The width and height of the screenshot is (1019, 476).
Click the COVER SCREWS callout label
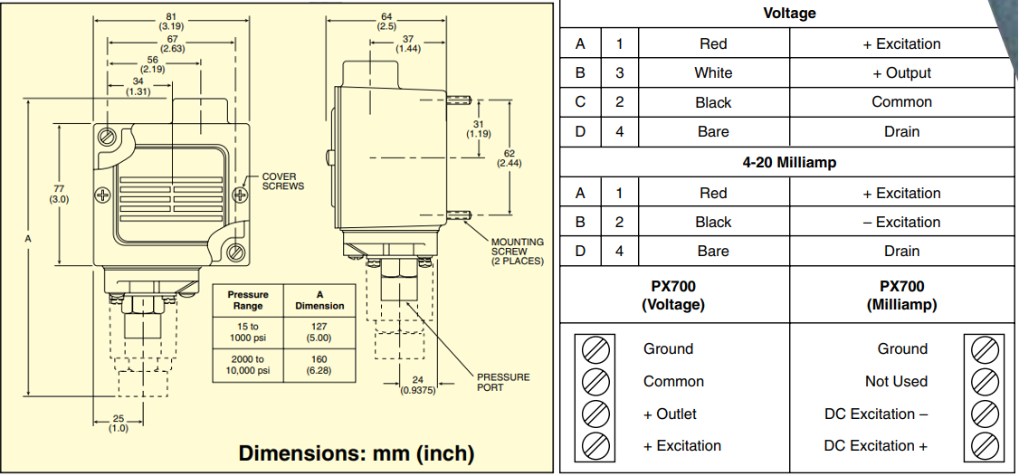282,181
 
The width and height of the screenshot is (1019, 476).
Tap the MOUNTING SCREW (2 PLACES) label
517,252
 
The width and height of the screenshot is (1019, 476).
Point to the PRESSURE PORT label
503,382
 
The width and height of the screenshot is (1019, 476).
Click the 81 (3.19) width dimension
171,21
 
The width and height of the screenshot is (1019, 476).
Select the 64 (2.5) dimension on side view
386,21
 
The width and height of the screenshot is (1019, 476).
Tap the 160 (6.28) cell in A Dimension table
319,365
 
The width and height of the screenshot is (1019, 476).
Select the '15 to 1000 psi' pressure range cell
248,331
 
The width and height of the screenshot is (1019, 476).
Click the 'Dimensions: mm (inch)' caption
356,452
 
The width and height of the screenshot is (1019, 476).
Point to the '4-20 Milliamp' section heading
788,163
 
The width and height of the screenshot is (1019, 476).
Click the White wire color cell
713,73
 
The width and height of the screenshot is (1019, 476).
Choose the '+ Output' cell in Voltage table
901,73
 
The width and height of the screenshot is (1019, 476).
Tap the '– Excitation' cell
901,222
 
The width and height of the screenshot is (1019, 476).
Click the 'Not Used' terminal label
896,381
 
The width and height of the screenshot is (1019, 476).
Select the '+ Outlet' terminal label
670,414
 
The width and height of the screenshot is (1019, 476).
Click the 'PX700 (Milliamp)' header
900,295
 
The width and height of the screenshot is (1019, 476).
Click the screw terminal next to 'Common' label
594,381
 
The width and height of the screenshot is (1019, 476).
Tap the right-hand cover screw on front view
241,195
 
